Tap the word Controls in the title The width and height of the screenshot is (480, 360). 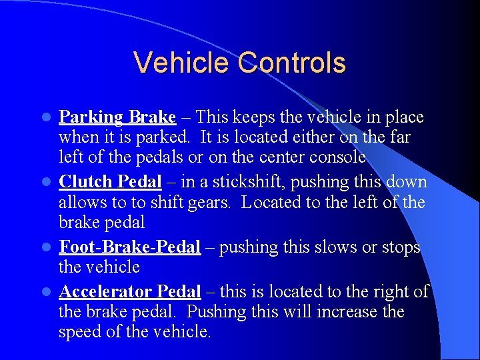tap(292, 63)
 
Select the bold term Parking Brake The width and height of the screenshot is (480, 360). tap(117, 118)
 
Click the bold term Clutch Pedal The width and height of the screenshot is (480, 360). tap(110, 182)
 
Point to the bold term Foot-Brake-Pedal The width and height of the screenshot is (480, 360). tap(129, 247)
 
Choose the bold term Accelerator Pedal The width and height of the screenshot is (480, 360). tap(129, 291)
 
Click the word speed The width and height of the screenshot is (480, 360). tap(82, 332)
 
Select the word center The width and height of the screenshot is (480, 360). tap(269, 158)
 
